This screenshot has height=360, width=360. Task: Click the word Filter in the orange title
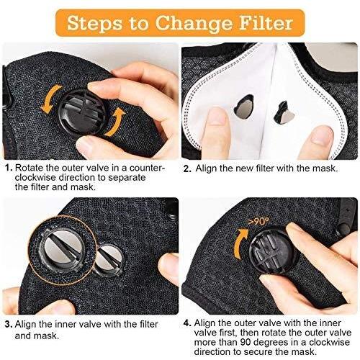(x=266, y=23)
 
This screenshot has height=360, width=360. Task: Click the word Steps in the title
(x=95, y=24)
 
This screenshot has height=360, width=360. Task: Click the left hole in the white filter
(x=243, y=107)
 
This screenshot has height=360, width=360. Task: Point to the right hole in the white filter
(x=284, y=113)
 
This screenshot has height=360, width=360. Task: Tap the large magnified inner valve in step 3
(x=63, y=251)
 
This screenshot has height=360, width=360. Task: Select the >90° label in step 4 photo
(x=258, y=221)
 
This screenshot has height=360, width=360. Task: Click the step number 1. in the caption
(x=9, y=168)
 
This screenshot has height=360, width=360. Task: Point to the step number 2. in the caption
(x=187, y=168)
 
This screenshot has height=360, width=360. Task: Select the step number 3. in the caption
(x=9, y=325)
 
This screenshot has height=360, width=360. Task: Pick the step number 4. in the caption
(x=187, y=323)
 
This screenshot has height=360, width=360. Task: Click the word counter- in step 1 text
(x=148, y=168)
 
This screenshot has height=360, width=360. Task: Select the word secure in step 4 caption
(x=258, y=352)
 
